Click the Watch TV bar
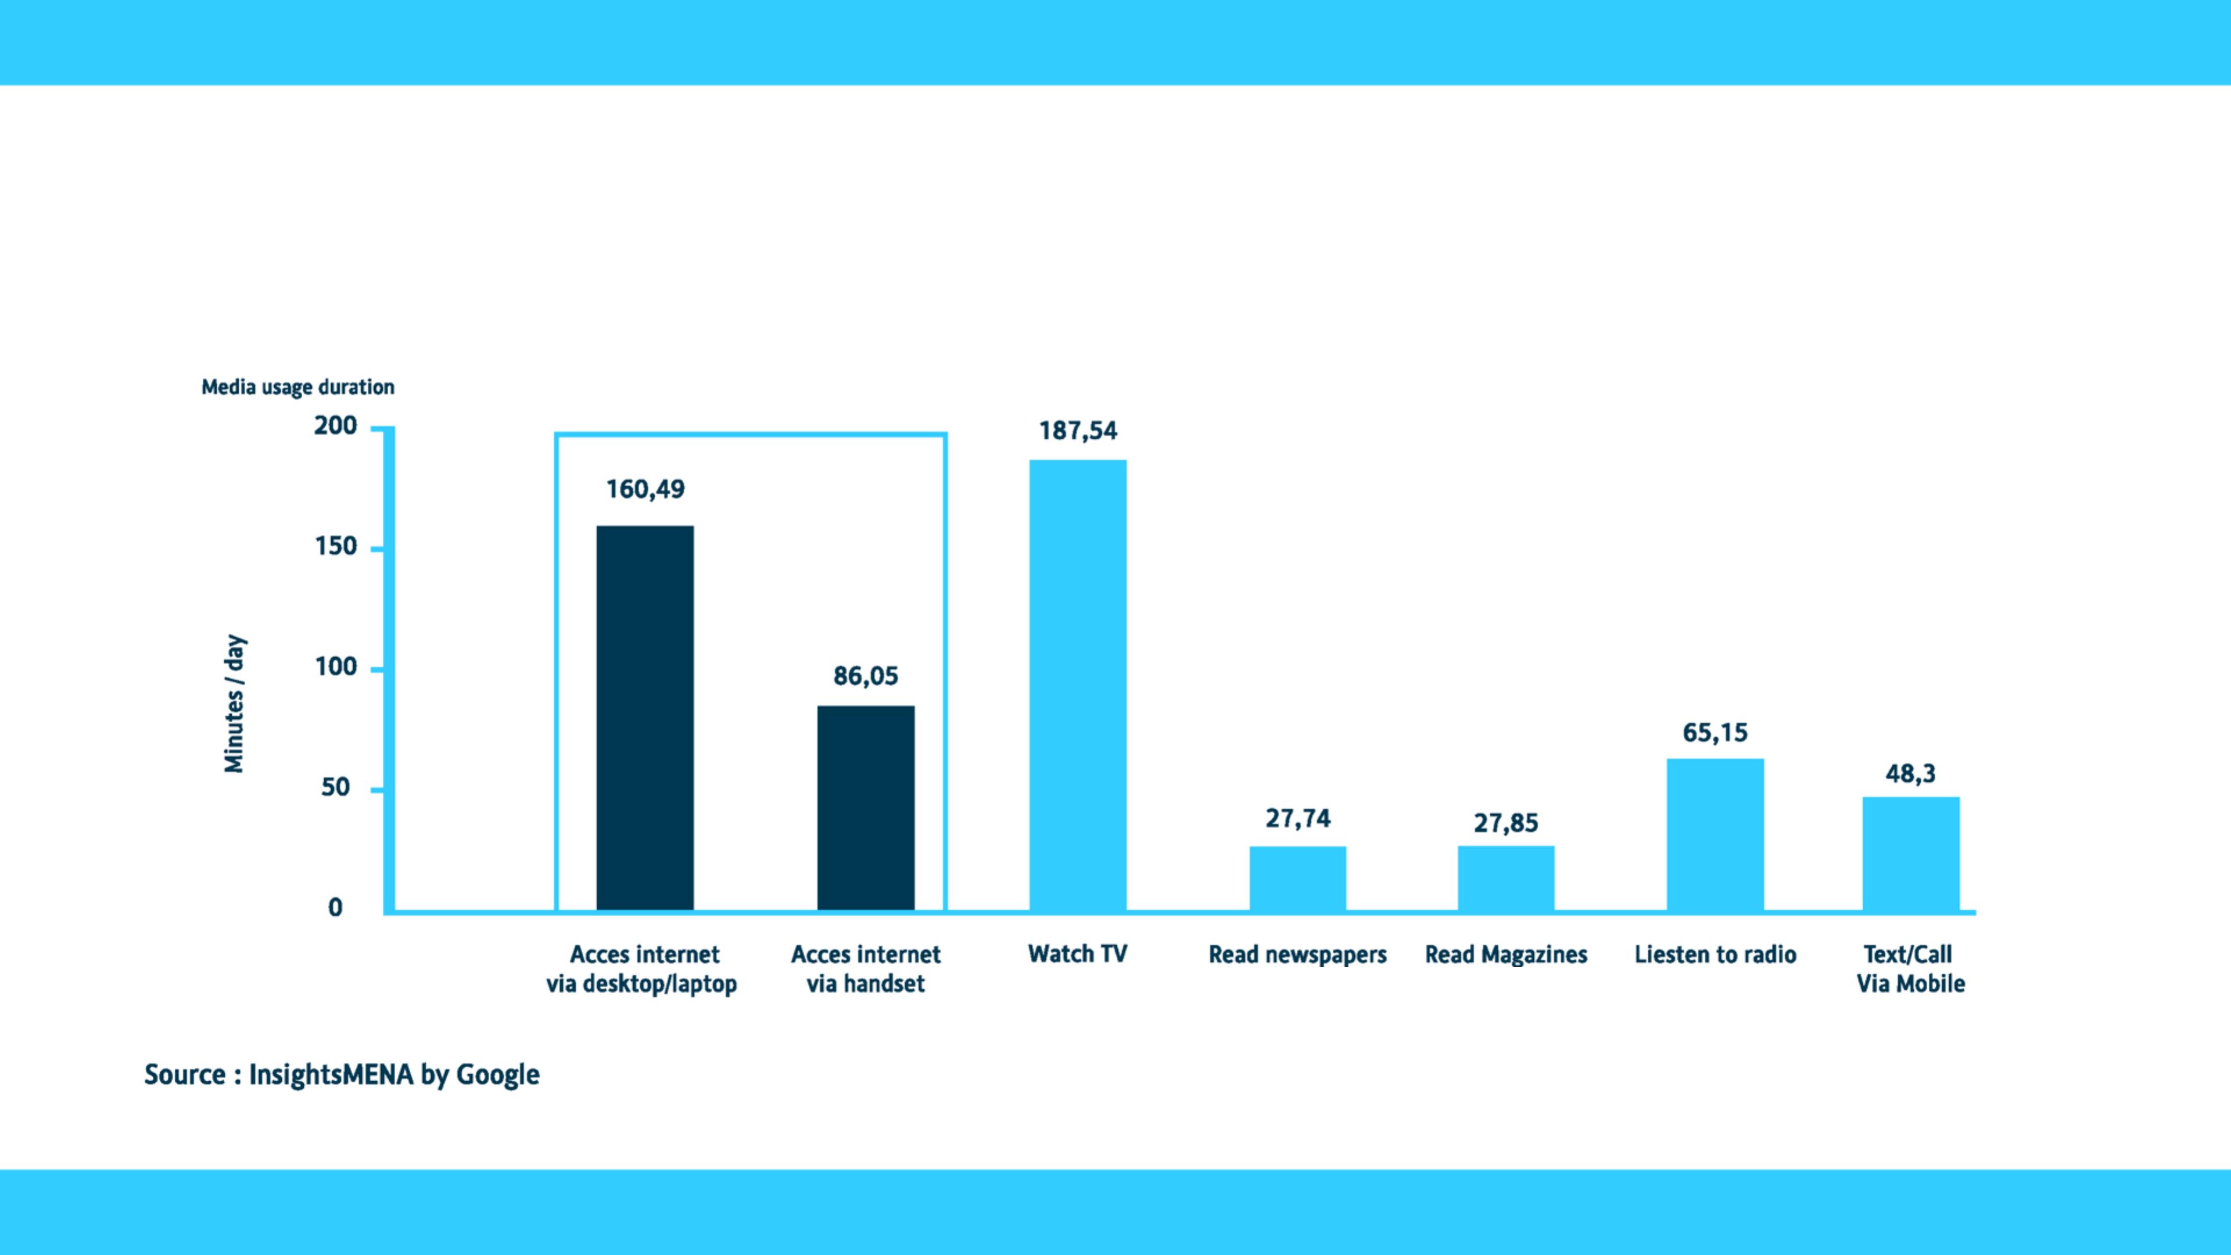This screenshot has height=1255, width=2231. coord(1077,684)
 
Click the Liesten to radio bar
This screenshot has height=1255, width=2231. coord(1715,834)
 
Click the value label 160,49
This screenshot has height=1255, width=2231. coord(645,489)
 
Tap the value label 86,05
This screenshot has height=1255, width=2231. coord(865,676)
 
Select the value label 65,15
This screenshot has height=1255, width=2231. coord(1715,733)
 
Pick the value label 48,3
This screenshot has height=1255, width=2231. coord(1910,773)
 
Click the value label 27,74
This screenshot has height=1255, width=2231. coord(1297,819)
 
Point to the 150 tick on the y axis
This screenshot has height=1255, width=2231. coord(336,547)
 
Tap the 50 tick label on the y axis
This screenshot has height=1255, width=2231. coord(336,787)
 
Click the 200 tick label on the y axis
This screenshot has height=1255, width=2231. coord(336,425)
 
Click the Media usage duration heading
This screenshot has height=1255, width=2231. coord(298,386)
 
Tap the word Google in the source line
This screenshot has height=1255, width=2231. coord(497,1075)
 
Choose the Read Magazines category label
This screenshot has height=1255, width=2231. coord(1505,955)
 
